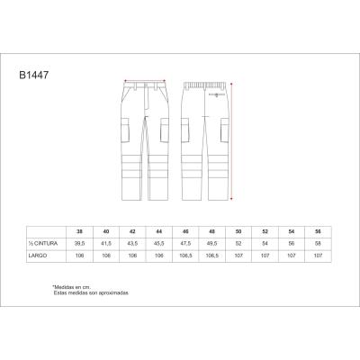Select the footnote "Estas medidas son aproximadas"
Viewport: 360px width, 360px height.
90,292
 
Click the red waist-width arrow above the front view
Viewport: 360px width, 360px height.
144,78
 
